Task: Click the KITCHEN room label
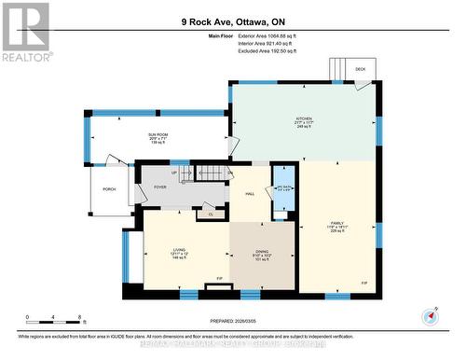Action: click(304, 119)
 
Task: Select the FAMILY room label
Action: click(336, 224)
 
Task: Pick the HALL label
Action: click(250, 193)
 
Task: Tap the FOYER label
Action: click(159, 187)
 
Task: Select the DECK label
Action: click(361, 68)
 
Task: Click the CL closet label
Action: click(212, 215)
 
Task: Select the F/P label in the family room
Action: click(363, 283)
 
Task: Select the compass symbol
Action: click(428, 317)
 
